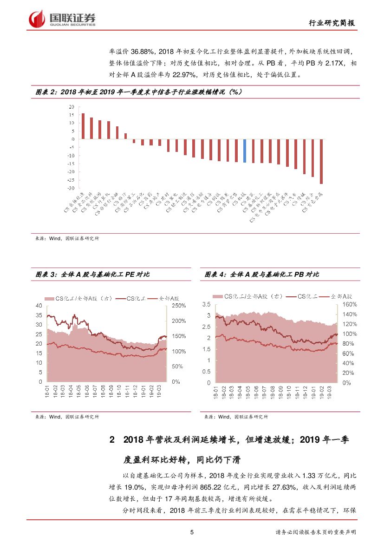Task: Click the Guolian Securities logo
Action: [x=62, y=19]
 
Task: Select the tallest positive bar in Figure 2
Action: [x=83, y=126]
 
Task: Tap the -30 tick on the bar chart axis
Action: [x=71, y=188]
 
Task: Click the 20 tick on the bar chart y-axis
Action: [x=72, y=107]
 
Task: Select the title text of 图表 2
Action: [x=137, y=92]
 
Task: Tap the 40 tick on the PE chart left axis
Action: [x=39, y=306]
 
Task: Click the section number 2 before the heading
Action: [x=111, y=439]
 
